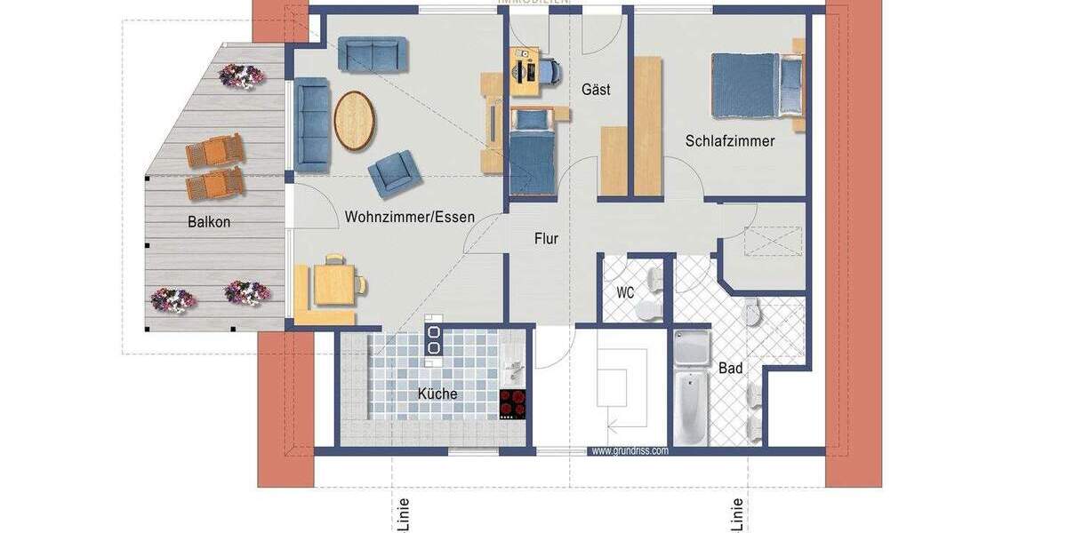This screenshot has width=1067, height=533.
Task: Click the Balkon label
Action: click(208, 222)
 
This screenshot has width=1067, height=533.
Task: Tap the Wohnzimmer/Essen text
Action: click(410, 217)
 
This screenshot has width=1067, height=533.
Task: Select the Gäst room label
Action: click(596, 90)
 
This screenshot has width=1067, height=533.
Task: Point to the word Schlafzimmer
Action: click(730, 141)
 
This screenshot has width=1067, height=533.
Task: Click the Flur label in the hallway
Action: click(546, 238)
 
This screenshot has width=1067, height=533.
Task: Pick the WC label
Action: click(625, 291)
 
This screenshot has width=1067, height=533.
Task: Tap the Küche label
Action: click(437, 394)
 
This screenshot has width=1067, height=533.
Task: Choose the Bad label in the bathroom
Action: click(731, 368)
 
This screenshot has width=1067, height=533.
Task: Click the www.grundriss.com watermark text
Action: click(630, 450)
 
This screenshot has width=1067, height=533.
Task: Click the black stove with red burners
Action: click(512, 403)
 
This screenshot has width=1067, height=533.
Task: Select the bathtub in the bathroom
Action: click(690, 410)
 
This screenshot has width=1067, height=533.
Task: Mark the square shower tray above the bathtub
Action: click(690, 349)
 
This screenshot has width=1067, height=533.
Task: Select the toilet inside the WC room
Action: click(653, 307)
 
